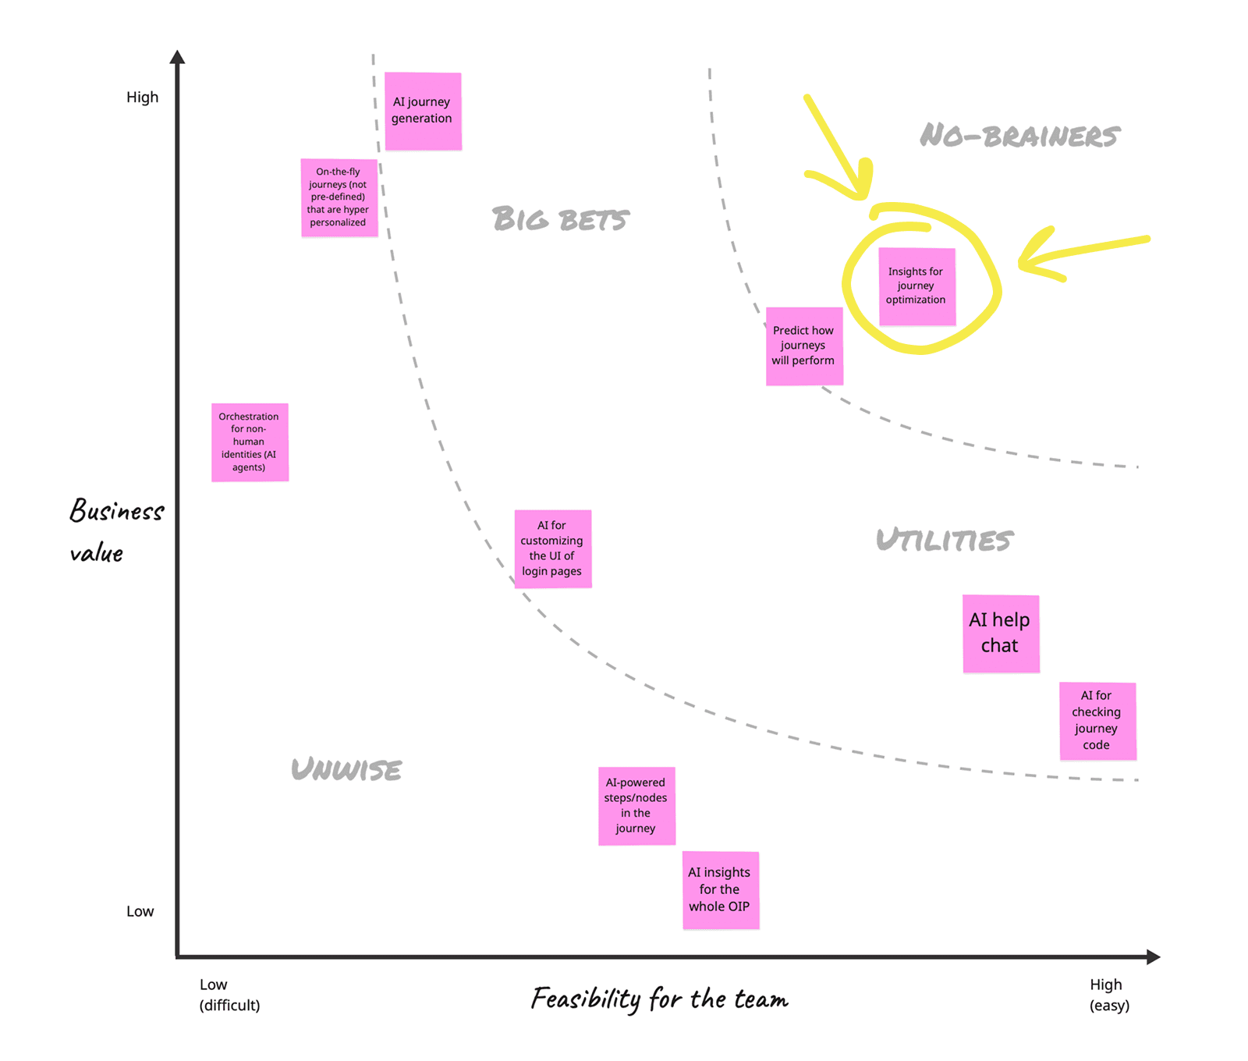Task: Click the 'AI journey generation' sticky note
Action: pyautogui.click(x=423, y=111)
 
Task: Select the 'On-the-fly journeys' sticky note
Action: pyautogui.click(x=339, y=197)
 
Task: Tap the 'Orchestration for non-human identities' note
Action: pyautogui.click(x=250, y=442)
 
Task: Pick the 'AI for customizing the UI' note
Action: pyautogui.click(x=552, y=548)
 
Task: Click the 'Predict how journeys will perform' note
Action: pyautogui.click(x=804, y=346)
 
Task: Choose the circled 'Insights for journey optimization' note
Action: pyautogui.click(x=916, y=286)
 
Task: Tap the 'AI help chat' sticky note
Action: pyautogui.click(x=1001, y=633)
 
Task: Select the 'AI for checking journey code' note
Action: pyautogui.click(x=1097, y=721)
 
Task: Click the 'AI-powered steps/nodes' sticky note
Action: pyautogui.click(x=636, y=806)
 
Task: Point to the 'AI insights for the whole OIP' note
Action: pyautogui.click(x=720, y=890)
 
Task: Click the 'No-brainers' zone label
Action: pyautogui.click(x=1019, y=137)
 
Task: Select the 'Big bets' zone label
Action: pyautogui.click(x=560, y=219)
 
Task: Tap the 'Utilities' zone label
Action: pyautogui.click(x=944, y=540)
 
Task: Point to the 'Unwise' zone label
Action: pyautogui.click(x=346, y=770)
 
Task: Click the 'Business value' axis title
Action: pyautogui.click(x=115, y=531)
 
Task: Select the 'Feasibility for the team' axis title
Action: pyautogui.click(x=660, y=999)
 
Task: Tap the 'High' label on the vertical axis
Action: pyautogui.click(x=142, y=98)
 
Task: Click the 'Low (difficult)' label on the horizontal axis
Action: pyautogui.click(x=229, y=995)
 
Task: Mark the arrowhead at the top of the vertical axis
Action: pyautogui.click(x=178, y=57)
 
